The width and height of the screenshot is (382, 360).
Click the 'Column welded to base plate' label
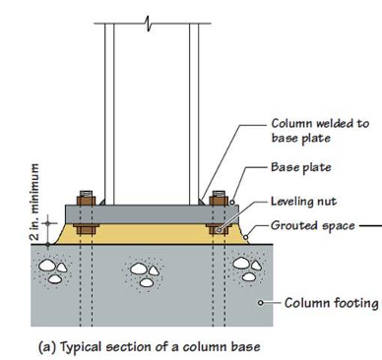320,131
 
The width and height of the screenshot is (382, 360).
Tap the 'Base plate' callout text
301,167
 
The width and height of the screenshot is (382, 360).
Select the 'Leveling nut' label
303,201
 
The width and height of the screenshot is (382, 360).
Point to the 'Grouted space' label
313,226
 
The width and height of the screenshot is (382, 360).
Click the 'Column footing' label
331,303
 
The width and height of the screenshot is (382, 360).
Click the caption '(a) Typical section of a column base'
150,346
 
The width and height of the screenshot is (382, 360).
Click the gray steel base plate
152,214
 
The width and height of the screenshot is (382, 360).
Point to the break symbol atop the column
148,24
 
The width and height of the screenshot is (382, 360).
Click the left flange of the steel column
109,114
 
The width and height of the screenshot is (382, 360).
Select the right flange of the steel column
194,114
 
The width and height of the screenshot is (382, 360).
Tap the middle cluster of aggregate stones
144,274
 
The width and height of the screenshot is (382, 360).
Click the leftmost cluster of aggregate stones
53,270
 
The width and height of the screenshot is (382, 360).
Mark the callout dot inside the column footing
261,303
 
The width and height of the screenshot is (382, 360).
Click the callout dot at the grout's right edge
245,237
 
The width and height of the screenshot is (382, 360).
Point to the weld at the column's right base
201,202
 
